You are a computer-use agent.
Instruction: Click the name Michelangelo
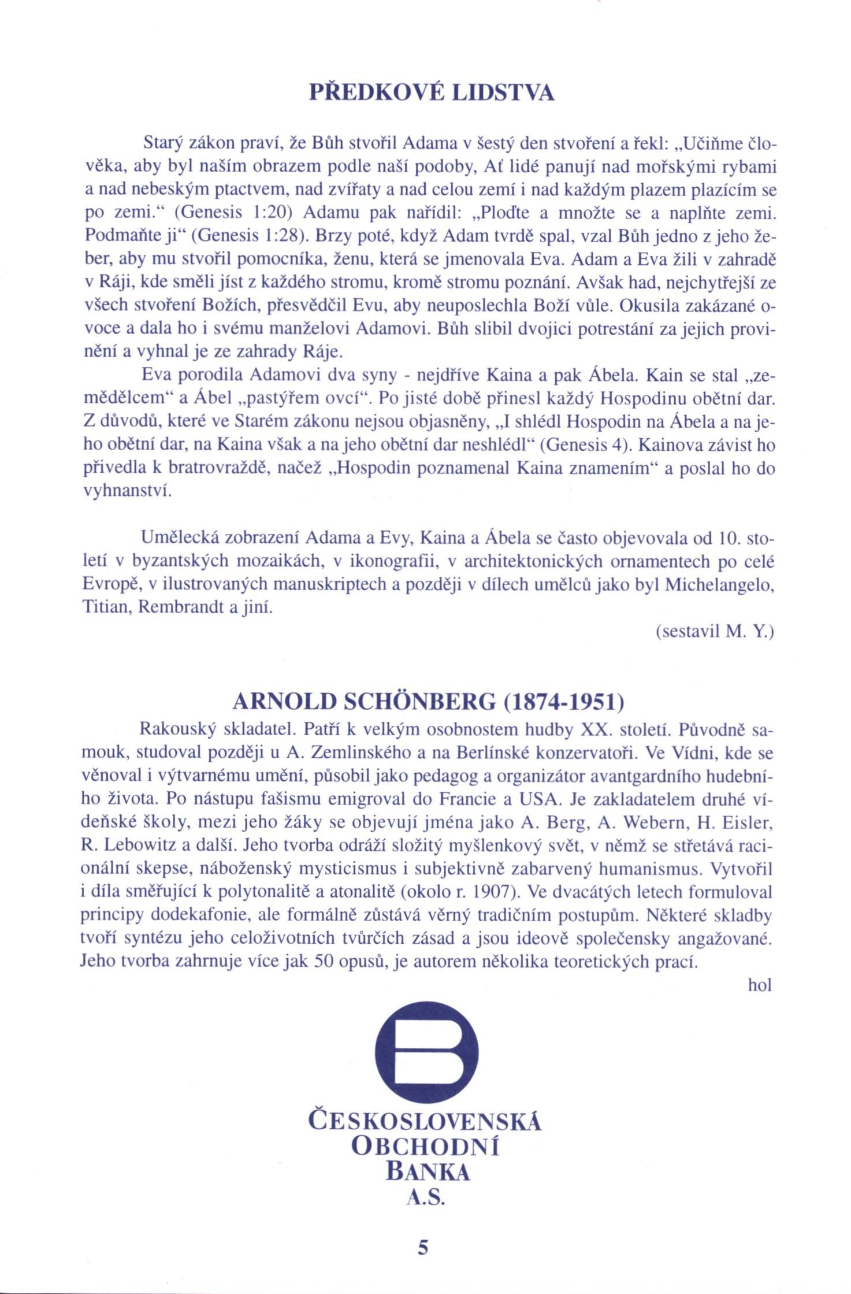(719, 584)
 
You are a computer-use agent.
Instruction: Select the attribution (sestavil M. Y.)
(715, 632)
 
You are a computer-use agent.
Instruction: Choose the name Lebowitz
(142, 846)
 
